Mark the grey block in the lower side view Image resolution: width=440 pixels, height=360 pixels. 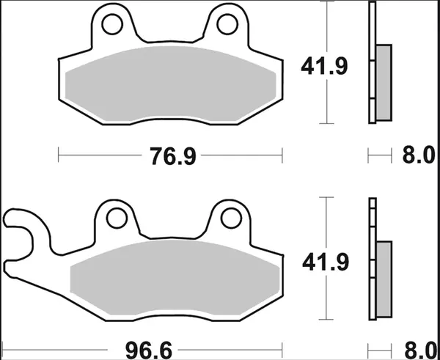pos(383,275)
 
